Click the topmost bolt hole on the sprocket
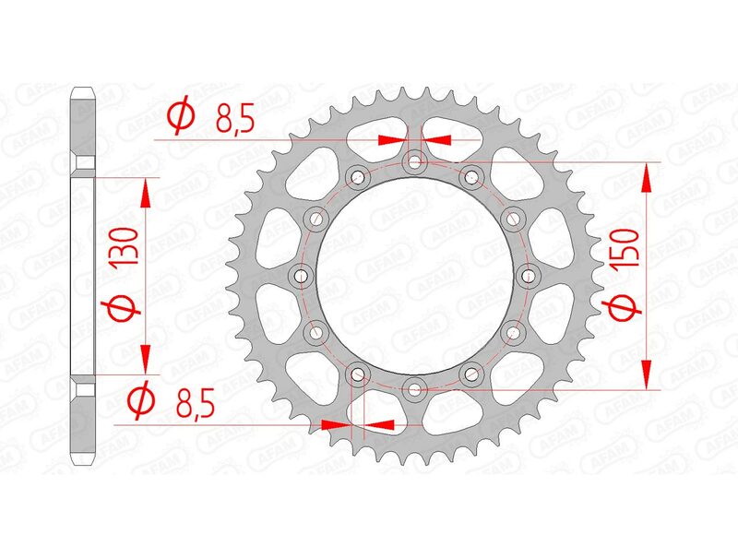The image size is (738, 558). pos(414,163)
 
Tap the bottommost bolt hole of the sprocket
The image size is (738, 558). pos(414,387)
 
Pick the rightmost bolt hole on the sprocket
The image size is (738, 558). pos(528,275)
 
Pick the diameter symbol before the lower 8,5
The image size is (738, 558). pos(141,400)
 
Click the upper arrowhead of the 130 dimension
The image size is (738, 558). pos(144,188)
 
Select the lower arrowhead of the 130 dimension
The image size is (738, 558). pos(144,362)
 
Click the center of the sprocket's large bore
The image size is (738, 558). pos(414,275)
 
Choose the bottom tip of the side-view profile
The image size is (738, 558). pos(83,463)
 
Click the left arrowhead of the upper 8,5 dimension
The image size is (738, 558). pos(391,140)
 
